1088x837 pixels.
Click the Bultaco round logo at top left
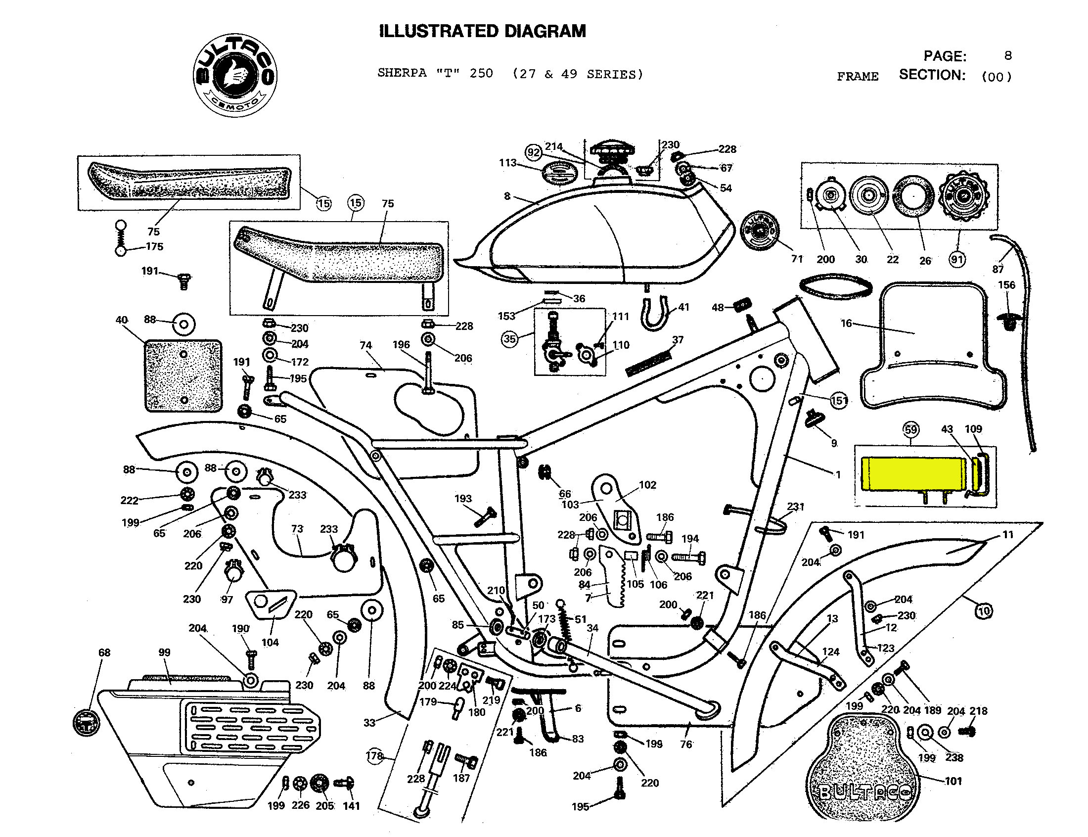[234, 76]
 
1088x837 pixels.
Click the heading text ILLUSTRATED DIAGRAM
[482, 31]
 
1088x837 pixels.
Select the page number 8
[1008, 55]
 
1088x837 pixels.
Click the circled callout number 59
[910, 429]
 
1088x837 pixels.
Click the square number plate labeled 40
[183, 376]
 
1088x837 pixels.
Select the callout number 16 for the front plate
[846, 324]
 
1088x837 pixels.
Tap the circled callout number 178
[374, 756]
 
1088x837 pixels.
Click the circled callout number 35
[509, 339]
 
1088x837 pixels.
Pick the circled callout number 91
[957, 259]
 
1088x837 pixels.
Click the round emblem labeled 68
[86, 722]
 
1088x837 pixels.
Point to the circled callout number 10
[984, 611]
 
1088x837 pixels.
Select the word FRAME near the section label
[858, 77]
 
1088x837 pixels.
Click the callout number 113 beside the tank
[507, 163]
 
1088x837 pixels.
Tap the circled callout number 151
[839, 400]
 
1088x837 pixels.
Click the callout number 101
[953, 781]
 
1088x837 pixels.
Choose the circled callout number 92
[533, 152]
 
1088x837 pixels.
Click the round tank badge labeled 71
[759, 231]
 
